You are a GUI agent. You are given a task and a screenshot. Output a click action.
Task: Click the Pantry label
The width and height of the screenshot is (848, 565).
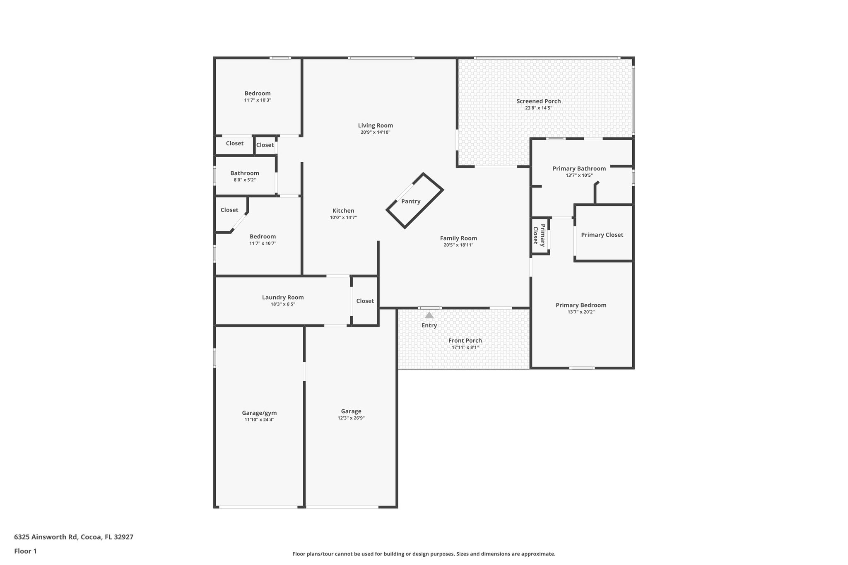pyautogui.click(x=411, y=202)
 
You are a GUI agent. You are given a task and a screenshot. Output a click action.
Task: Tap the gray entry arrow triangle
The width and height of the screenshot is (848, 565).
pyautogui.click(x=429, y=315)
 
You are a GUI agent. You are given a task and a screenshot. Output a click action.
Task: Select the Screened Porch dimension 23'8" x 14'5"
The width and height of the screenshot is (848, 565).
pyautogui.click(x=538, y=108)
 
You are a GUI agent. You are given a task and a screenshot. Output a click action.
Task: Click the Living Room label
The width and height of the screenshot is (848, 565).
pyautogui.click(x=375, y=125)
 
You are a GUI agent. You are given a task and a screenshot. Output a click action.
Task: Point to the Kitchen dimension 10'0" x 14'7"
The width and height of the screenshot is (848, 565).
pyautogui.click(x=343, y=217)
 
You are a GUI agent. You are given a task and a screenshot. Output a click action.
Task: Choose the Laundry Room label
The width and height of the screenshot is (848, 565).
pyautogui.click(x=283, y=297)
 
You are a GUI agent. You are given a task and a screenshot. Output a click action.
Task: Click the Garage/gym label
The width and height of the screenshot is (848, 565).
pyautogui.click(x=259, y=413)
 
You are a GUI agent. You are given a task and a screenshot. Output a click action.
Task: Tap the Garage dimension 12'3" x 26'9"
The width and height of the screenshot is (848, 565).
pyautogui.click(x=351, y=418)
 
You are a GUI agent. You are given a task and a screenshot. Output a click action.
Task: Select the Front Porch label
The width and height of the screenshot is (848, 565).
pyautogui.click(x=465, y=341)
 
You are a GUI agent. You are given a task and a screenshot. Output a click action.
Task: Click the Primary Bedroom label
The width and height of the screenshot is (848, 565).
pyautogui.click(x=581, y=305)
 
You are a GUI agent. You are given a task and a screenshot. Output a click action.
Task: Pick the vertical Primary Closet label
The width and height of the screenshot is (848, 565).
pyautogui.click(x=539, y=235)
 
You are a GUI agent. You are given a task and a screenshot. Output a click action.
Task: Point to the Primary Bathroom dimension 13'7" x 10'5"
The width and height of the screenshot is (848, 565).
pyautogui.click(x=579, y=176)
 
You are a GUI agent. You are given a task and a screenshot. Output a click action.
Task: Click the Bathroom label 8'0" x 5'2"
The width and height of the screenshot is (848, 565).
pyautogui.click(x=245, y=173)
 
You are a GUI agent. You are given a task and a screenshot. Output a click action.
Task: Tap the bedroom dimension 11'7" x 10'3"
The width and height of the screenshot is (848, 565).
pyautogui.click(x=258, y=100)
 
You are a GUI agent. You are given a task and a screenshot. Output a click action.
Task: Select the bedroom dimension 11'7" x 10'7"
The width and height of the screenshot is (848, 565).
pyautogui.click(x=263, y=243)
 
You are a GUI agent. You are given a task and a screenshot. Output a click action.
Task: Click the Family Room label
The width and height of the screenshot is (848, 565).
pyautogui.click(x=458, y=238)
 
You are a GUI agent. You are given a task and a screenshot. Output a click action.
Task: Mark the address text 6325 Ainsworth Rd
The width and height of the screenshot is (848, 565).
pyautogui.click(x=46, y=537)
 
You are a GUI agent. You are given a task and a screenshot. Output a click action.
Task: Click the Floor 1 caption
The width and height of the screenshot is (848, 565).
pyautogui.click(x=25, y=551)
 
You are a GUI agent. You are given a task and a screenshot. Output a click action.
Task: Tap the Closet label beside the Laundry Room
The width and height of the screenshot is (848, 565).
pyautogui.click(x=365, y=301)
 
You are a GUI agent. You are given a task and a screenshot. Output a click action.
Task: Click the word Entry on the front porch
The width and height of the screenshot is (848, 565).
pyautogui.click(x=429, y=325)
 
